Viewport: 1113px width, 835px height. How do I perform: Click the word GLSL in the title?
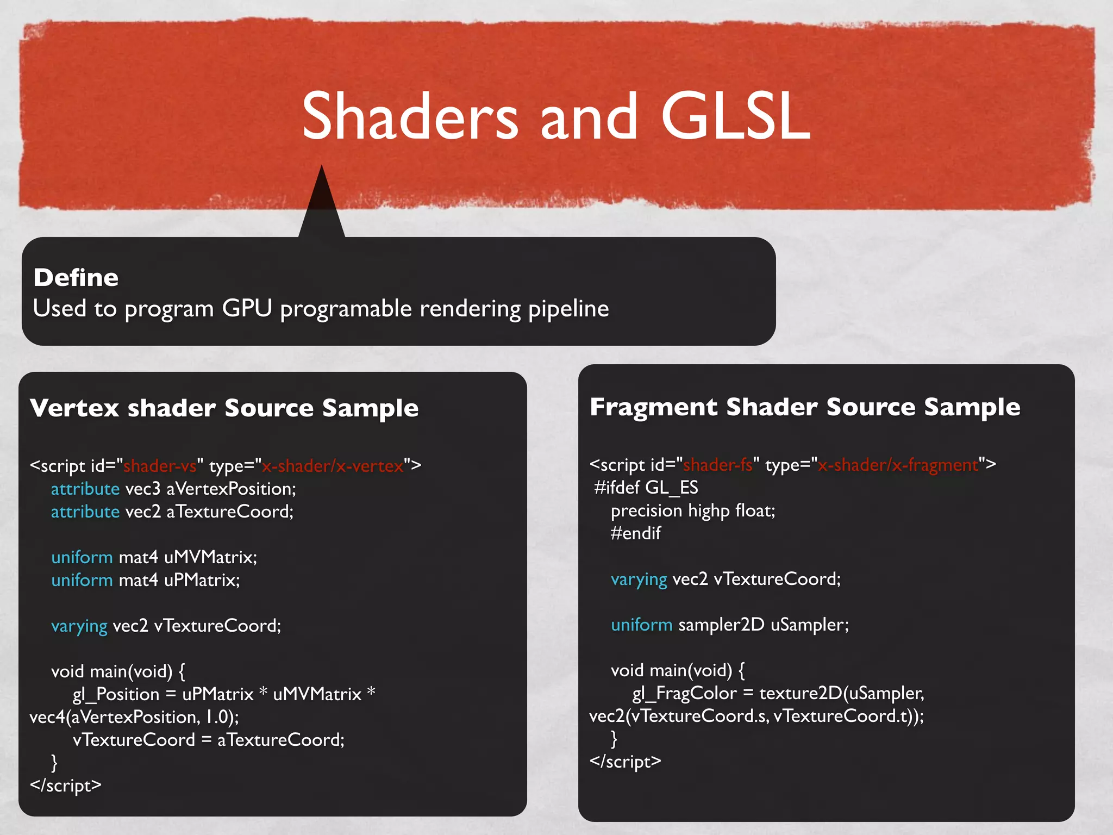tap(735, 116)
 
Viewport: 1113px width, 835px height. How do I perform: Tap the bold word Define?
tap(76, 278)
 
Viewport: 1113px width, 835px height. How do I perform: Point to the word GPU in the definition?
tap(247, 308)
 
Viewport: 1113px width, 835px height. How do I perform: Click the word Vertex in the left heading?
tap(74, 408)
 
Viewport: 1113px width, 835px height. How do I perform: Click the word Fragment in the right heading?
tap(653, 407)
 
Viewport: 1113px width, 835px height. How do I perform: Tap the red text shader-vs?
tap(160, 466)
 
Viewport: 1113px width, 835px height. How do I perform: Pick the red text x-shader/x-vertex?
tap(333, 466)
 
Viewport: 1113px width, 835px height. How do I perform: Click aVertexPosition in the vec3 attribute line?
tap(231, 489)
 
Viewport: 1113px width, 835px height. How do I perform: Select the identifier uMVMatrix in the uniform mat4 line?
tap(210, 557)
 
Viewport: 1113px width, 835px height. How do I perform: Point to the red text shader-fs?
tap(718, 465)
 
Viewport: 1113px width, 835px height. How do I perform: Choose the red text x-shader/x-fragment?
tap(898, 465)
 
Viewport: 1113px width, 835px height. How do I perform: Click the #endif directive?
tap(636, 533)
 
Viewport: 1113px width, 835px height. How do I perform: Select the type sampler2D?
tap(721, 625)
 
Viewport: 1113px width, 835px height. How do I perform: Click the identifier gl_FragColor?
tap(685, 693)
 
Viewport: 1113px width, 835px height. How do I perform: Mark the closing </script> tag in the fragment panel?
tap(626, 762)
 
